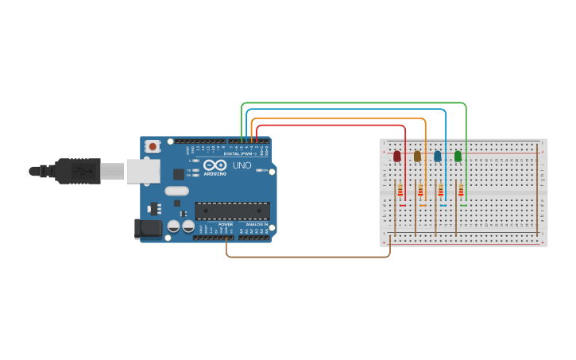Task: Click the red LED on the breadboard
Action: click(x=397, y=156)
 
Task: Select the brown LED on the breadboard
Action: click(x=417, y=156)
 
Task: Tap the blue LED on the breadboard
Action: click(x=437, y=156)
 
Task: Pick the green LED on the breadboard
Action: click(x=458, y=156)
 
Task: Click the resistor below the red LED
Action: click(x=400, y=191)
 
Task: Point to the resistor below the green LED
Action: click(x=461, y=191)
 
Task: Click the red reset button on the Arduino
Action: click(x=152, y=146)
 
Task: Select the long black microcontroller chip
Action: click(x=232, y=211)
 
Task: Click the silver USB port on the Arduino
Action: click(x=143, y=171)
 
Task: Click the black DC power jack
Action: click(x=148, y=229)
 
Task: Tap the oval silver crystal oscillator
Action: click(x=176, y=191)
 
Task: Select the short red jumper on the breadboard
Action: click(x=403, y=206)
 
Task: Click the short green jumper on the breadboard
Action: click(x=463, y=206)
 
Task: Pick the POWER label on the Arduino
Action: click(x=226, y=224)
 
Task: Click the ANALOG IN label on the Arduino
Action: click(x=256, y=224)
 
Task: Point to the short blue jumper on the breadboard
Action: click(x=443, y=206)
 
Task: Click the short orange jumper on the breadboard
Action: click(x=423, y=206)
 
